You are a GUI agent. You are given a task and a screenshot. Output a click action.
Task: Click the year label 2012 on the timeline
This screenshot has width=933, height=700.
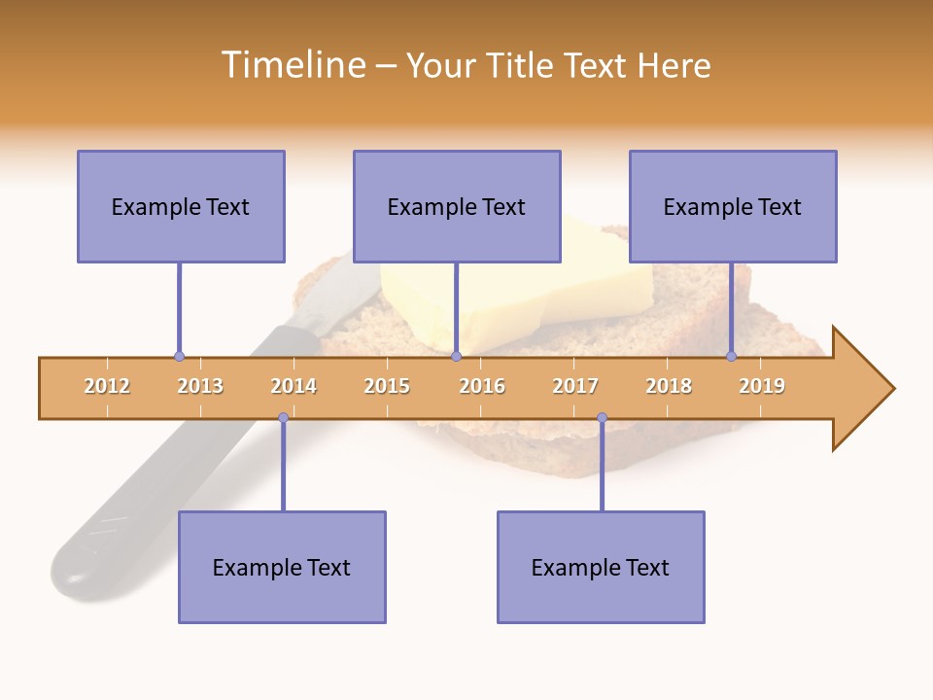[x=107, y=386]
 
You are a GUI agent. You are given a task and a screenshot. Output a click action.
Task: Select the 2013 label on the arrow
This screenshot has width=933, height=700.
[x=200, y=386]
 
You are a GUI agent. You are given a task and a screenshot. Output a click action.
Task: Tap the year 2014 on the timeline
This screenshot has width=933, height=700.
[x=294, y=386]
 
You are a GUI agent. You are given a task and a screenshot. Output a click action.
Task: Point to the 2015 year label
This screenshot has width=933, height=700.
[x=387, y=386]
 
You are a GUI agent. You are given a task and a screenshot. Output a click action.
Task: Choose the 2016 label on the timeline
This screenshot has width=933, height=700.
[x=482, y=386]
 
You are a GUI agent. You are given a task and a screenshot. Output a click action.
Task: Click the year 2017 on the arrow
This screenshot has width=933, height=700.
[x=575, y=386]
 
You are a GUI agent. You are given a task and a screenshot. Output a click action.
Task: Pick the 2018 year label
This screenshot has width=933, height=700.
[x=669, y=386]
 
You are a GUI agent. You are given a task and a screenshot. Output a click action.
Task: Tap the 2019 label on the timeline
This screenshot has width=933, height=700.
[x=762, y=386]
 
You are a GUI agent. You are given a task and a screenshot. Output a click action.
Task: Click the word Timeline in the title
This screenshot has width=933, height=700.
[x=291, y=65]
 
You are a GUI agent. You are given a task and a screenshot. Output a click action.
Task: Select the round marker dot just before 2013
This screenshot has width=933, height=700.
[x=179, y=356]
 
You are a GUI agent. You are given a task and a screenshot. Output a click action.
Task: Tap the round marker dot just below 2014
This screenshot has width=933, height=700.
[x=283, y=418]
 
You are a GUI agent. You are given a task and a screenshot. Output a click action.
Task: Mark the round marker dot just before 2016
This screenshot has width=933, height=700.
[x=456, y=356]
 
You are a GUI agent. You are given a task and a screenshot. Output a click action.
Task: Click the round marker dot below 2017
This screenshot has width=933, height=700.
[x=602, y=418]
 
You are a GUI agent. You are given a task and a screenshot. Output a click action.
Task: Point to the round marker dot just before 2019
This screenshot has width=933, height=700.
[x=732, y=356]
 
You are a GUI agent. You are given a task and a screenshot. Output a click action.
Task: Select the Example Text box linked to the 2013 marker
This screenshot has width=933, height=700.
[x=181, y=206]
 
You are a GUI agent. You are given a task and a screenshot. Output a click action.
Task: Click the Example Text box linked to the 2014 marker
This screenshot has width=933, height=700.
[x=282, y=567]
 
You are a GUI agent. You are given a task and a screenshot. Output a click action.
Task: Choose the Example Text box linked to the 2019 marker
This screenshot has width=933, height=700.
[x=733, y=206]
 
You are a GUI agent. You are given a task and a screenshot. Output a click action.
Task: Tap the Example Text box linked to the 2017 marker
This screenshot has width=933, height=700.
[x=601, y=567]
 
